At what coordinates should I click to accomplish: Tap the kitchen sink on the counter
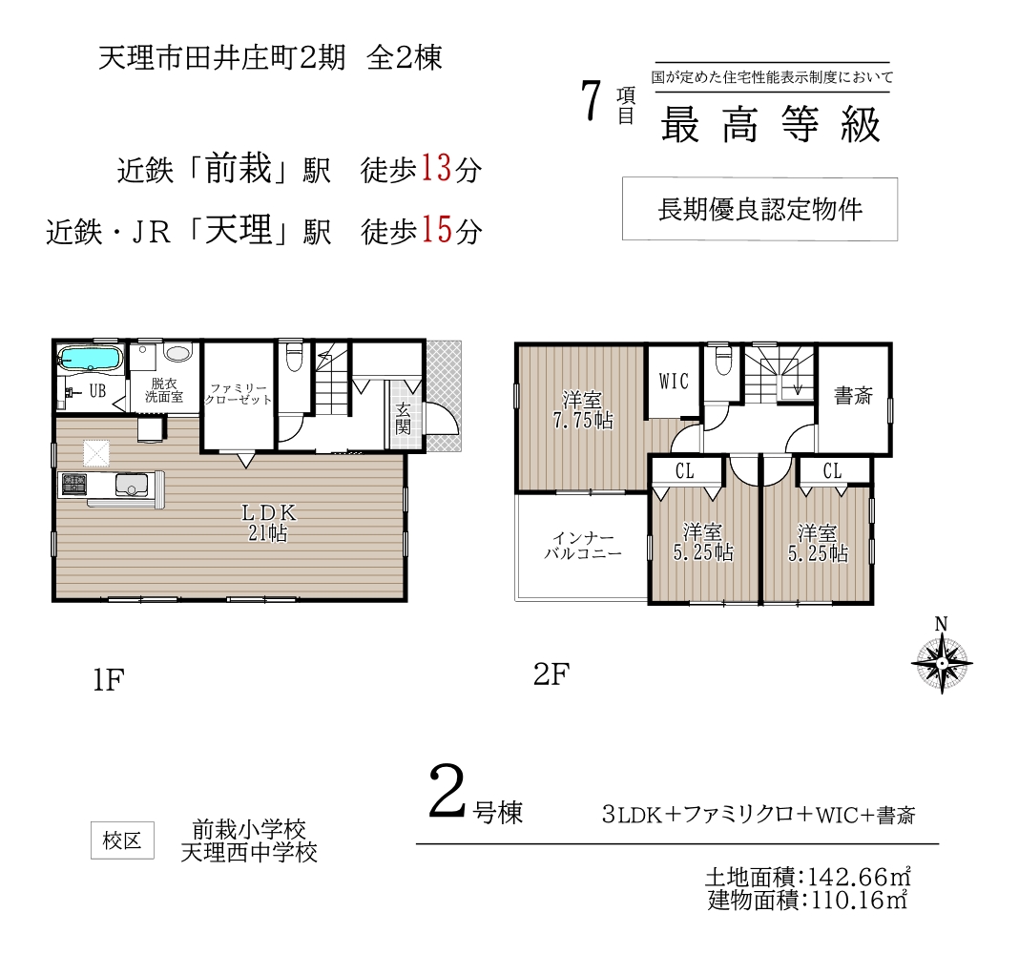tap(132, 485)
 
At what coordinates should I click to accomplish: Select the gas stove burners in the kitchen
tap(74, 484)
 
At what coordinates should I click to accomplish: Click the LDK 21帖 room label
tap(268, 523)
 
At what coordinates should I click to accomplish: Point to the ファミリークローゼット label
tap(238, 394)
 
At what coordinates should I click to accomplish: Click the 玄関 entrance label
tap(403, 418)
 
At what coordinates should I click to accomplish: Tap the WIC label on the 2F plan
tap(674, 381)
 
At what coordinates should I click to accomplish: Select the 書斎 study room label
tap(853, 395)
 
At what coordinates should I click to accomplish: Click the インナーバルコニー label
tap(583, 546)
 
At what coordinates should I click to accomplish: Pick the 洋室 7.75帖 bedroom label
tap(583, 410)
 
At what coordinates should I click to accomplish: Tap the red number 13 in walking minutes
tap(436, 168)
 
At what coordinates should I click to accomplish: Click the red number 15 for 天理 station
tap(436, 229)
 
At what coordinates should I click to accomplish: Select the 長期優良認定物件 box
tap(759, 209)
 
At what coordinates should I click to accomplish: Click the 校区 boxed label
tap(122, 840)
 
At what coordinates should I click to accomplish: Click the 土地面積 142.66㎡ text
tap(808, 877)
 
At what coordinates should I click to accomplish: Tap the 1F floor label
tap(108, 680)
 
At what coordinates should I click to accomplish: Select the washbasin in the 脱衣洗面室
tap(177, 352)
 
